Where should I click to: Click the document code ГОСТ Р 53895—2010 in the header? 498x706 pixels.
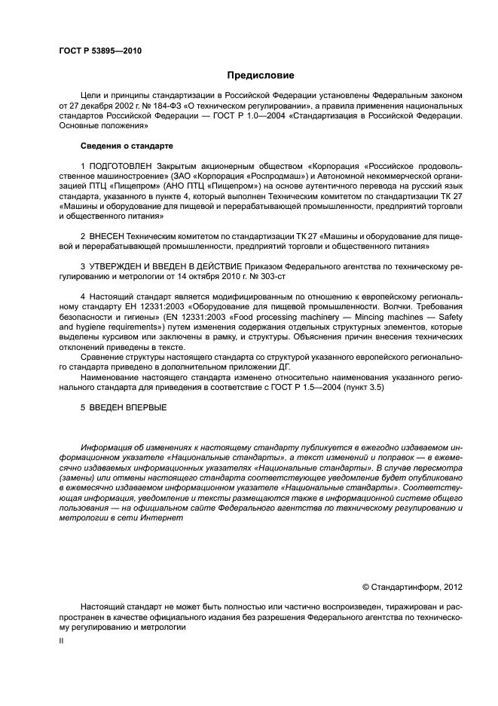tap(100, 51)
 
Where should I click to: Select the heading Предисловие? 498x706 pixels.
tap(261, 75)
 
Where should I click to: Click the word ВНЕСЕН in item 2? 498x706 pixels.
tap(105, 236)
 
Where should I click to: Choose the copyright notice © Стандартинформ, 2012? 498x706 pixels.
tap(412, 585)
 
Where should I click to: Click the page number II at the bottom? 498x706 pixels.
tap(61, 640)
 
